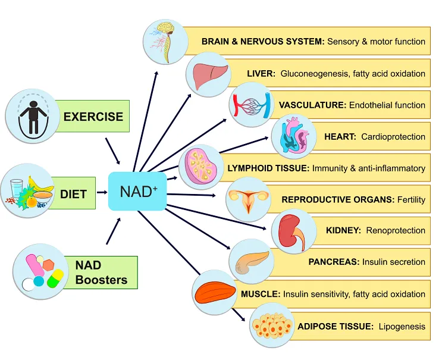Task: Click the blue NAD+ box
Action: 137,192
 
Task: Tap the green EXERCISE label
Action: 93,116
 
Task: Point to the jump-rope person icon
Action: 32,116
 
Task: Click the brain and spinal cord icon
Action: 166,41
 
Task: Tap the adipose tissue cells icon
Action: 271,325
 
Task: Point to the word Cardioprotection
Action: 393,137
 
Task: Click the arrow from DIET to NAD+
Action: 102,192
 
